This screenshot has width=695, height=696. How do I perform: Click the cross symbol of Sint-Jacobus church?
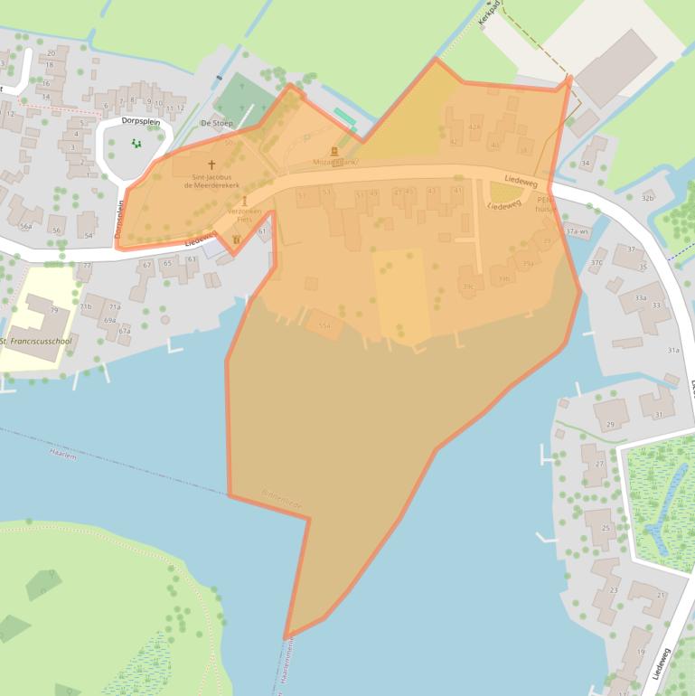212,165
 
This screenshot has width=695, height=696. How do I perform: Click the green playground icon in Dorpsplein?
136,142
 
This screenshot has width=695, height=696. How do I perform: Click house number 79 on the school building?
53,311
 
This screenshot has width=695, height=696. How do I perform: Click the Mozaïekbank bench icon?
333,151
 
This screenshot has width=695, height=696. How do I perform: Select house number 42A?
474,127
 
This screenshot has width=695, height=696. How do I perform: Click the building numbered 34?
586,164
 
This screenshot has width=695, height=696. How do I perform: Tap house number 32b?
647,197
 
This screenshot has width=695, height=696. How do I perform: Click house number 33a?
640,296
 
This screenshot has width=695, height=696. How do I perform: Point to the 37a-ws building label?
576,231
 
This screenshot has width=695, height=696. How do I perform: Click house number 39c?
468,287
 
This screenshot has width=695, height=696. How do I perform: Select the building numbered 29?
611,424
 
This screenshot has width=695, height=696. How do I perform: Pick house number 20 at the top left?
51,53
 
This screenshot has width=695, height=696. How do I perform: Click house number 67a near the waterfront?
125,331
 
